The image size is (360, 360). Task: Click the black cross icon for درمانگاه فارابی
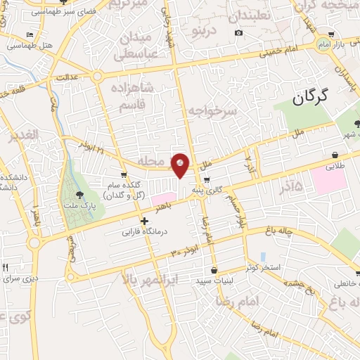click(145, 221)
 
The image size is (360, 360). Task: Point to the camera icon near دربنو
click(239, 34)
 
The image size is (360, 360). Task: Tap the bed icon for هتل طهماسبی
click(29, 34)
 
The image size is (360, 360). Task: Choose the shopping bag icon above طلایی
click(335, 156)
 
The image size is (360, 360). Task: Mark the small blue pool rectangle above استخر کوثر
click(263, 257)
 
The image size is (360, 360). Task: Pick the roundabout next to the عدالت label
click(97, 77)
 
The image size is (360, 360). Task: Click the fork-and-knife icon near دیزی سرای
click(6, 268)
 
